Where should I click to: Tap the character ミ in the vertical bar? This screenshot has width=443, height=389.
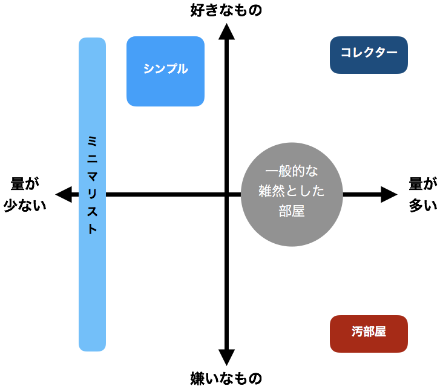pyautogui.click(x=92, y=141)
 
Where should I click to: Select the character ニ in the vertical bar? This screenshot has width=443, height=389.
pyautogui.click(x=92, y=159)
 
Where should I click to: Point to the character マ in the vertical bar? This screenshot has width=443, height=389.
pyautogui.click(x=92, y=177)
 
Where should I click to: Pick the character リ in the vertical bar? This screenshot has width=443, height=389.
pyautogui.click(x=92, y=195)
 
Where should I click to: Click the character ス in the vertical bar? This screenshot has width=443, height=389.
pyautogui.click(x=92, y=212)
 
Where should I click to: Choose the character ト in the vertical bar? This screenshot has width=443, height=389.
pyautogui.click(x=92, y=230)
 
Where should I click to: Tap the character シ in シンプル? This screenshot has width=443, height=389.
pyautogui.click(x=149, y=69)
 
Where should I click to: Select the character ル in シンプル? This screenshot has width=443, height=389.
pyautogui.click(x=182, y=69)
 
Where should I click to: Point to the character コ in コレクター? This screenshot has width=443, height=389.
pyautogui.click(x=346, y=53)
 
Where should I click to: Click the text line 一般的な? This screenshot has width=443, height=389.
pyautogui.click(x=292, y=171)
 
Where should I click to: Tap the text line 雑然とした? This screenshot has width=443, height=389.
pyautogui.click(x=292, y=191)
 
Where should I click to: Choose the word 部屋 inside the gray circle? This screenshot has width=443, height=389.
pyautogui.click(x=292, y=212)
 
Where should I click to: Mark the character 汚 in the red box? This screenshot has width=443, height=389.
pyautogui.click(x=357, y=332)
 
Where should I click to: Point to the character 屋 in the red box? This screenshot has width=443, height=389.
pyautogui.click(x=380, y=332)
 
